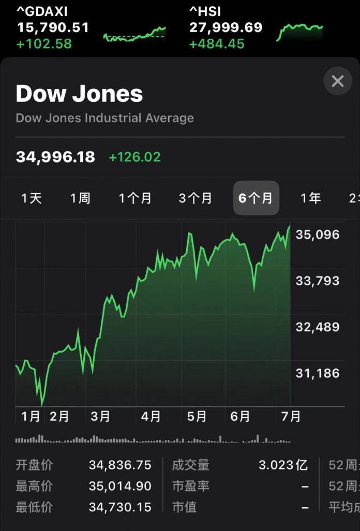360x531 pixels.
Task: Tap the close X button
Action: pyautogui.click(x=338, y=81)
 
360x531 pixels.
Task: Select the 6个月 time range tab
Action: pyautogui.click(x=256, y=198)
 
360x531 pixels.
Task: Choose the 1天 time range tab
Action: pyautogui.click(x=32, y=198)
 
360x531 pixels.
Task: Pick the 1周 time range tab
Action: pyautogui.click(x=80, y=198)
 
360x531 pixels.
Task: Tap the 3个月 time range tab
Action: pyautogui.click(x=195, y=198)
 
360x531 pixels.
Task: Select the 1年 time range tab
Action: pyautogui.click(x=311, y=198)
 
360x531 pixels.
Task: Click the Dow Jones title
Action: pyautogui.click(x=79, y=94)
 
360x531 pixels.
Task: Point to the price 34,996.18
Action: pyautogui.click(x=55, y=157)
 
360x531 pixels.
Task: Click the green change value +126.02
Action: pyautogui.click(x=134, y=157)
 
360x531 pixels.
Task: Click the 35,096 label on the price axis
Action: pyautogui.click(x=318, y=235)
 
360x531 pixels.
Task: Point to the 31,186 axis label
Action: pyautogui.click(x=318, y=373)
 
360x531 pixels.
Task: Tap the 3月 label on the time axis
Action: pyautogui.click(x=100, y=416)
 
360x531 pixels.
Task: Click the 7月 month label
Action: pyautogui.click(x=291, y=416)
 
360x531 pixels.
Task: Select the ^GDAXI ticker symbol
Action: pyautogui.click(x=42, y=11)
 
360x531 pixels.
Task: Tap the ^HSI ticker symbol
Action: pyautogui.click(x=205, y=11)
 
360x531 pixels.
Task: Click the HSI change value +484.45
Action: pyautogui.click(x=217, y=44)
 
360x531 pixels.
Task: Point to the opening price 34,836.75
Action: pyautogui.click(x=120, y=465)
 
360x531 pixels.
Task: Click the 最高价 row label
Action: pyautogui.click(x=34, y=486)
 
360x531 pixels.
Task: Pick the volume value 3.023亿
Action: pyautogui.click(x=283, y=465)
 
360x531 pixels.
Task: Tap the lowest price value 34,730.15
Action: pyautogui.click(x=120, y=507)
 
